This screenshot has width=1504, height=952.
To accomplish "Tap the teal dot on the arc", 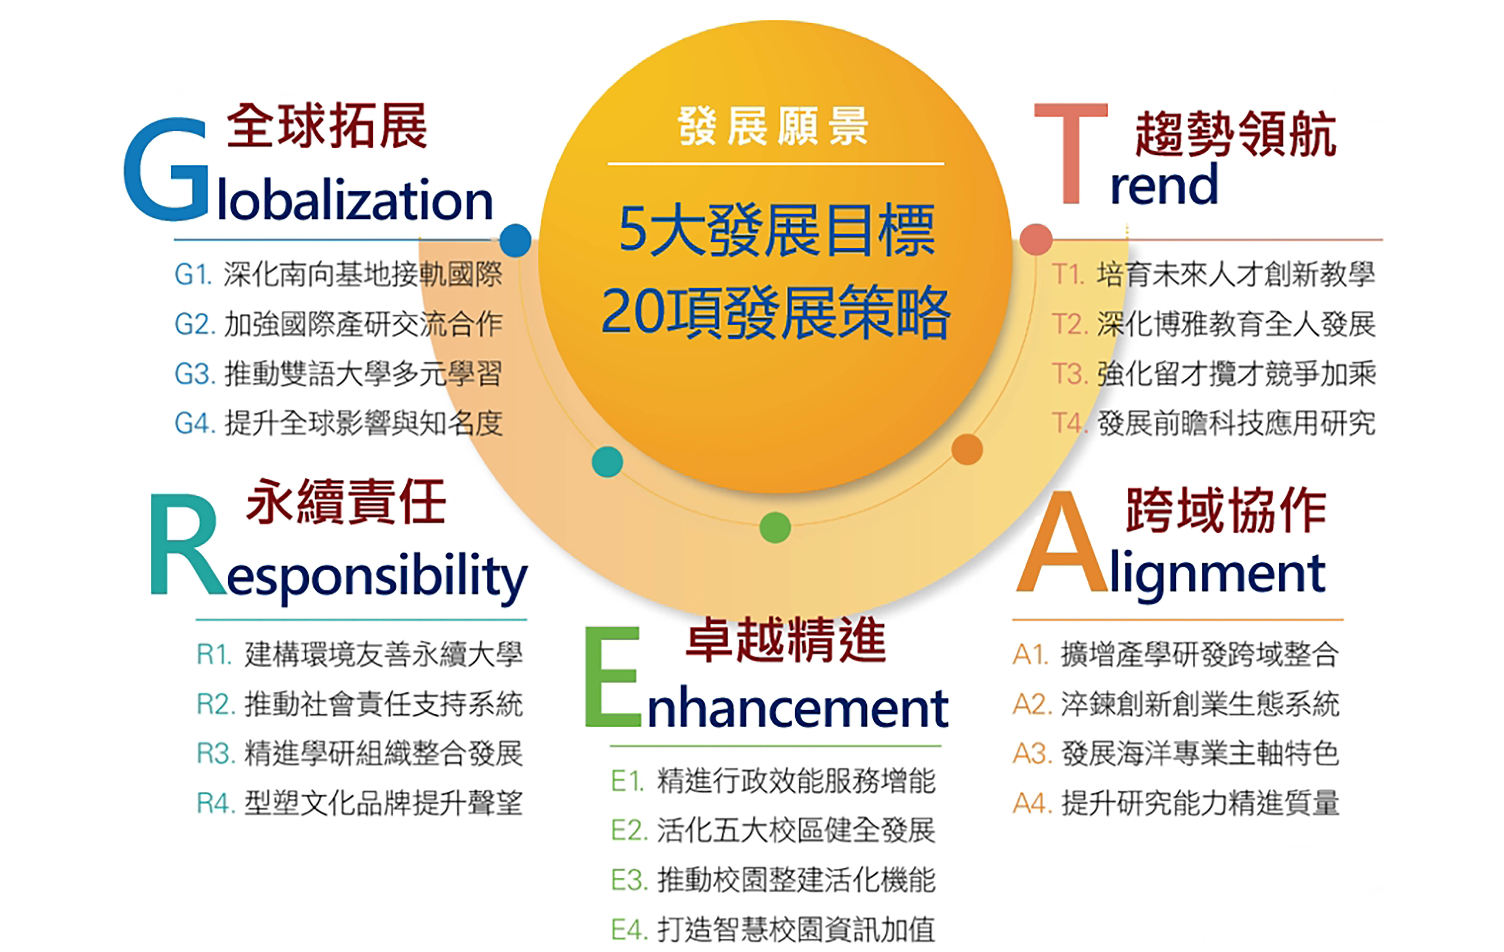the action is point(607,462).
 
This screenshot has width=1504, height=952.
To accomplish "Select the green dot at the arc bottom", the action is point(775,527).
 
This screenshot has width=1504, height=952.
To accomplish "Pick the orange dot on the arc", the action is point(967,450).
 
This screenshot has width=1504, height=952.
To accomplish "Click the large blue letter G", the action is point(166,169).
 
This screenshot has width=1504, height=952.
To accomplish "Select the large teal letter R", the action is point(187,544).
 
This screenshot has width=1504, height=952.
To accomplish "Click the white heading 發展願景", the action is point(773,126).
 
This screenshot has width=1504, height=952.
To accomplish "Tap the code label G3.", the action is point(195,374).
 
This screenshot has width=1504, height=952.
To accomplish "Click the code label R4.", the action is point(216,803).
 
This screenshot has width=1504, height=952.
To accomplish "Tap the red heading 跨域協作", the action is point(1226,511).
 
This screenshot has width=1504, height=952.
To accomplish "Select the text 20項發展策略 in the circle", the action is point(776,313).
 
